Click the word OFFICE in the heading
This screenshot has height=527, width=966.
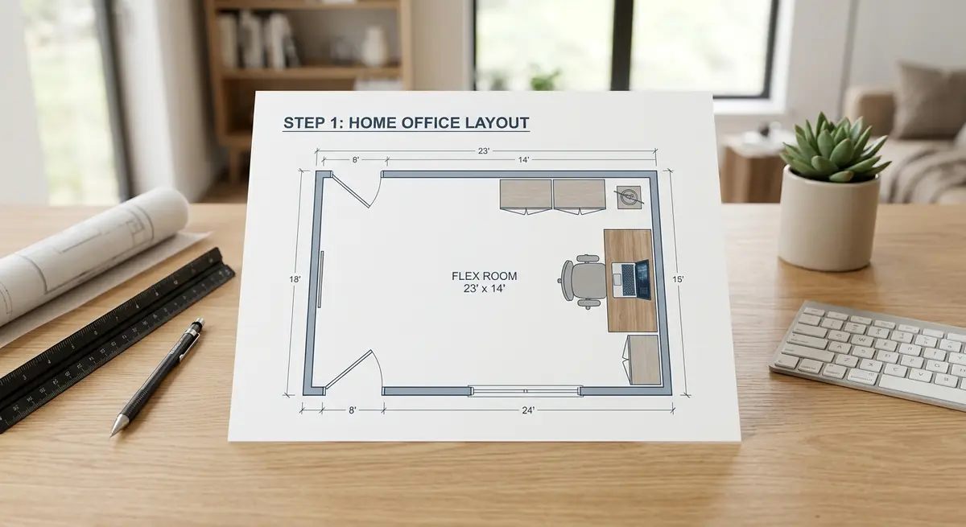[424, 123]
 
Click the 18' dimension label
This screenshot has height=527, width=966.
[294, 278]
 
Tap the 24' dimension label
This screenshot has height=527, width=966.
[528, 410]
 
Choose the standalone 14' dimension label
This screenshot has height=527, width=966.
[523, 160]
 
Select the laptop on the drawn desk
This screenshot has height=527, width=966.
[634, 279]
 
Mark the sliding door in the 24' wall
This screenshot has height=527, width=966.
[525, 390]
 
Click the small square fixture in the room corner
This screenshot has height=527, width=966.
[630, 196]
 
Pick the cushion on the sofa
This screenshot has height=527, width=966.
[926, 101]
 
